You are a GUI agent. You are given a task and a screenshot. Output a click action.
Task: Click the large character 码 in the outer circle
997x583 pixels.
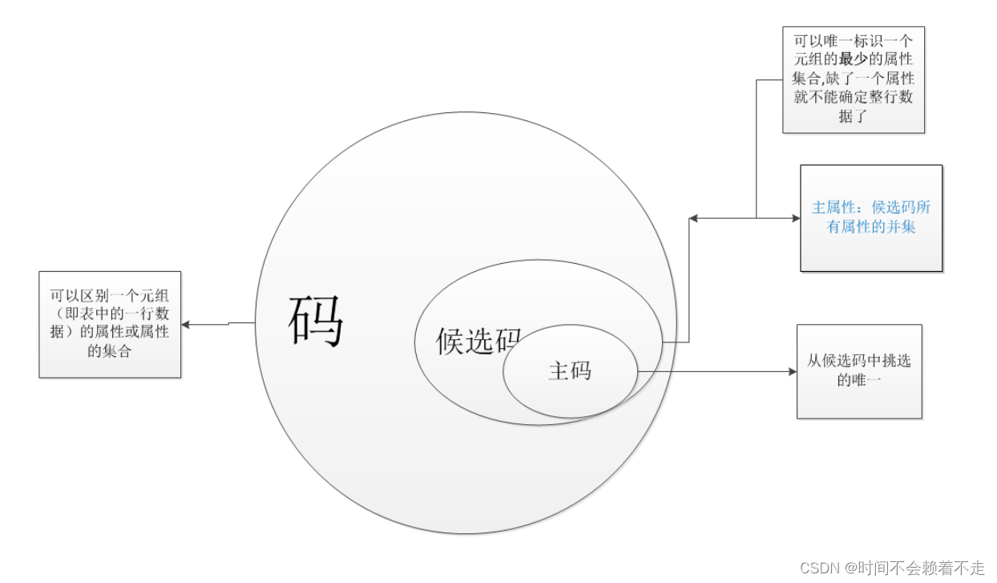[316, 320]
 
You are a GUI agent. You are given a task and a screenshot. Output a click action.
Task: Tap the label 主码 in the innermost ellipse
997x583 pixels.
[570, 370]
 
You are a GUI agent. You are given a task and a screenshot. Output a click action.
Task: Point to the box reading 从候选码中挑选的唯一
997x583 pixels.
[859, 370]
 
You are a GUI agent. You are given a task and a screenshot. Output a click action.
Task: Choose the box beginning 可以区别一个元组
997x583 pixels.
[110, 323]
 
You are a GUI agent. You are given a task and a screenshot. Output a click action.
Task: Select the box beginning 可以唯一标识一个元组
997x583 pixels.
[854, 80]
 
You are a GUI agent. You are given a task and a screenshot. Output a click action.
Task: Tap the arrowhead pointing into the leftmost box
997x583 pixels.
[186, 325]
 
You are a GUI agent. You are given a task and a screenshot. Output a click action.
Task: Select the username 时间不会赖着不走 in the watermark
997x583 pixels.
[922, 569]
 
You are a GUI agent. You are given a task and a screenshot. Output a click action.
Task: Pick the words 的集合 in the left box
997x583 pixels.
[110, 350]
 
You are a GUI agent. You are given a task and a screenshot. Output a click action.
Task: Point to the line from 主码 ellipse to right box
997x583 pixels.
[713, 371]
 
